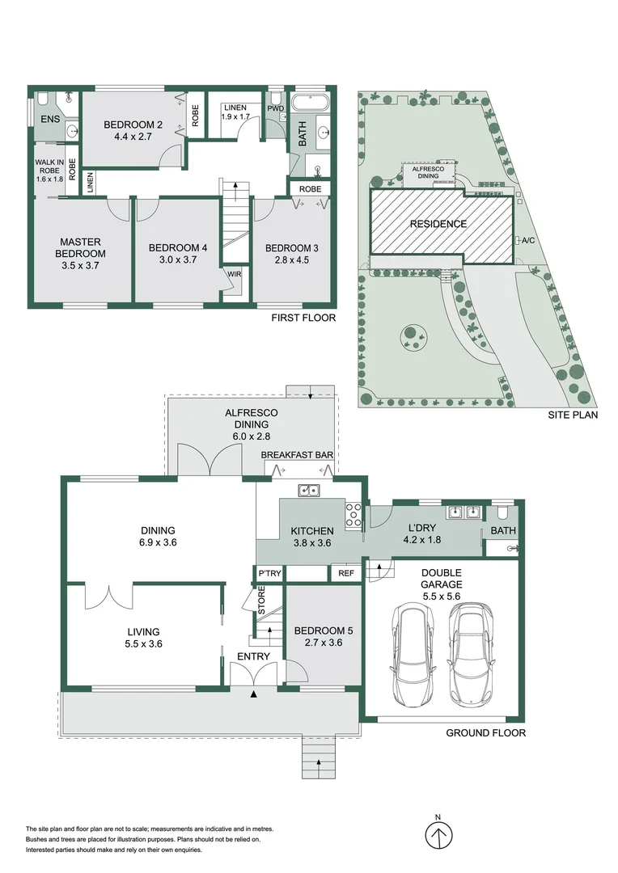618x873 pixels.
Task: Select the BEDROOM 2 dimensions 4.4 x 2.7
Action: pos(133,137)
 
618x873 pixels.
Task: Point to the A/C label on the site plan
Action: pos(529,241)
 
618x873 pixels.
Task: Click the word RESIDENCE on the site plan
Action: pos(438,224)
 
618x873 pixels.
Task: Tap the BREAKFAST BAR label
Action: pos(298,456)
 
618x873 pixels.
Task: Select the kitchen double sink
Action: pos(308,490)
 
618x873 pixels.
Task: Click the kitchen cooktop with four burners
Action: pos(353,515)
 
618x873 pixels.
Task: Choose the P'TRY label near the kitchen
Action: pos(269,573)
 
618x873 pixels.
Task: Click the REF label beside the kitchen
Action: pos(346,573)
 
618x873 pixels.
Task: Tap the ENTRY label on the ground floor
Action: pos(253,656)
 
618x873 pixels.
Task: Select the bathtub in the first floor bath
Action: pos(310,103)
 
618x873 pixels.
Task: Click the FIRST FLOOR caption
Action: pos(303,318)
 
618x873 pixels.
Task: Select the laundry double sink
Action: pos(463,511)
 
